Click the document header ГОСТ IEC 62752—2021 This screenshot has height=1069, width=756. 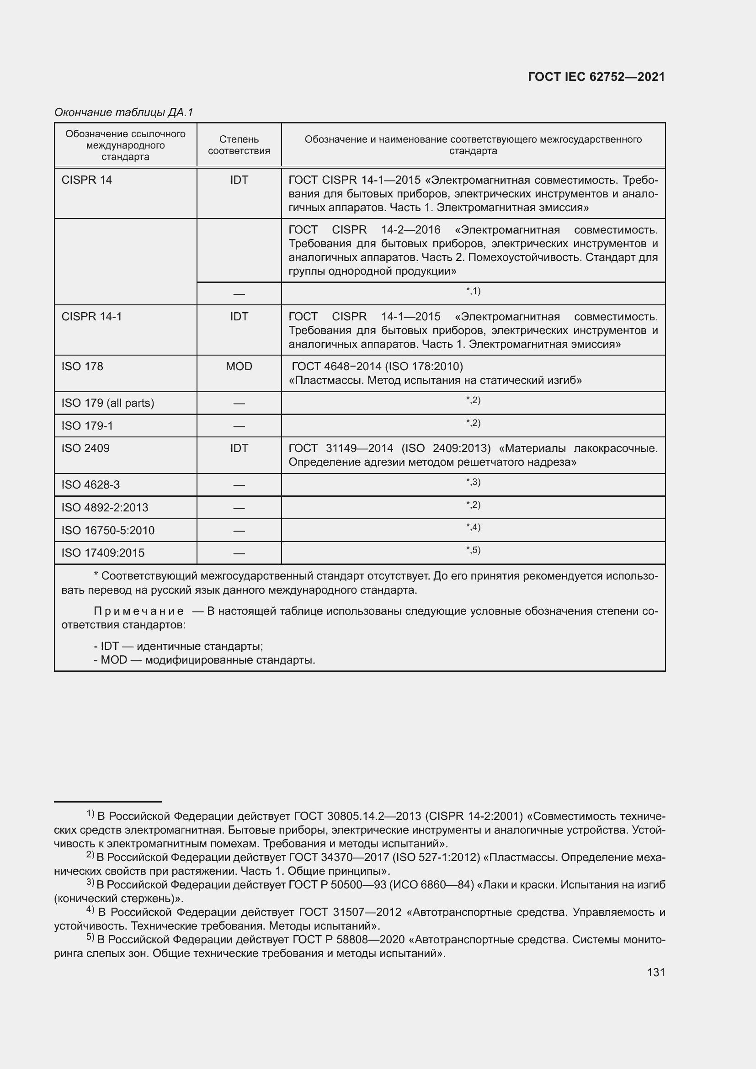[596, 77]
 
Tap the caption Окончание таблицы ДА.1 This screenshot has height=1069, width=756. [123, 112]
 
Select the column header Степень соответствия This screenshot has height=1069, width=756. [239, 145]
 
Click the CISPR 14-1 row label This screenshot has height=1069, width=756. [92, 317]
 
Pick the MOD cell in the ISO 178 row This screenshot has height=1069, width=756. [239, 367]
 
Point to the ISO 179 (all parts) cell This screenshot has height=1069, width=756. [107, 403]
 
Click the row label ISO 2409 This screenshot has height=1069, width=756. [85, 448]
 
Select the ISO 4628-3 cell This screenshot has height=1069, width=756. [91, 484]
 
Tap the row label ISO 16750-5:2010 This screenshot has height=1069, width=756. [108, 530]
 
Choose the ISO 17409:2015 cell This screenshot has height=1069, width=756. [103, 553]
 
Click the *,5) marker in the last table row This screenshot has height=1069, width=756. [473, 550]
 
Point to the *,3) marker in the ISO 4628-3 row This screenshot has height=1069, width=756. [473, 482]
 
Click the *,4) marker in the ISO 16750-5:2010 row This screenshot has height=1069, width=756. [473, 527]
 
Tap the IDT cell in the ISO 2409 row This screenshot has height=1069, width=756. [239, 448]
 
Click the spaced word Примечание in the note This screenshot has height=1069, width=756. [138, 611]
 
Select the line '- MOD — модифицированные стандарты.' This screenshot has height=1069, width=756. [204, 660]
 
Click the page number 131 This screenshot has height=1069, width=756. [655, 972]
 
